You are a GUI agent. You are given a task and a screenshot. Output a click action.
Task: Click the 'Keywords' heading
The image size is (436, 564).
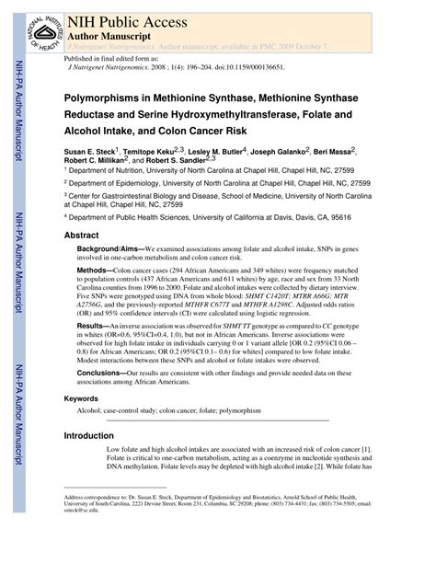coord(82,398)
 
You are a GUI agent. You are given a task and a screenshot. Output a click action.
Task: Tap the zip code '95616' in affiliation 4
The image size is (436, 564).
coord(366,217)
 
